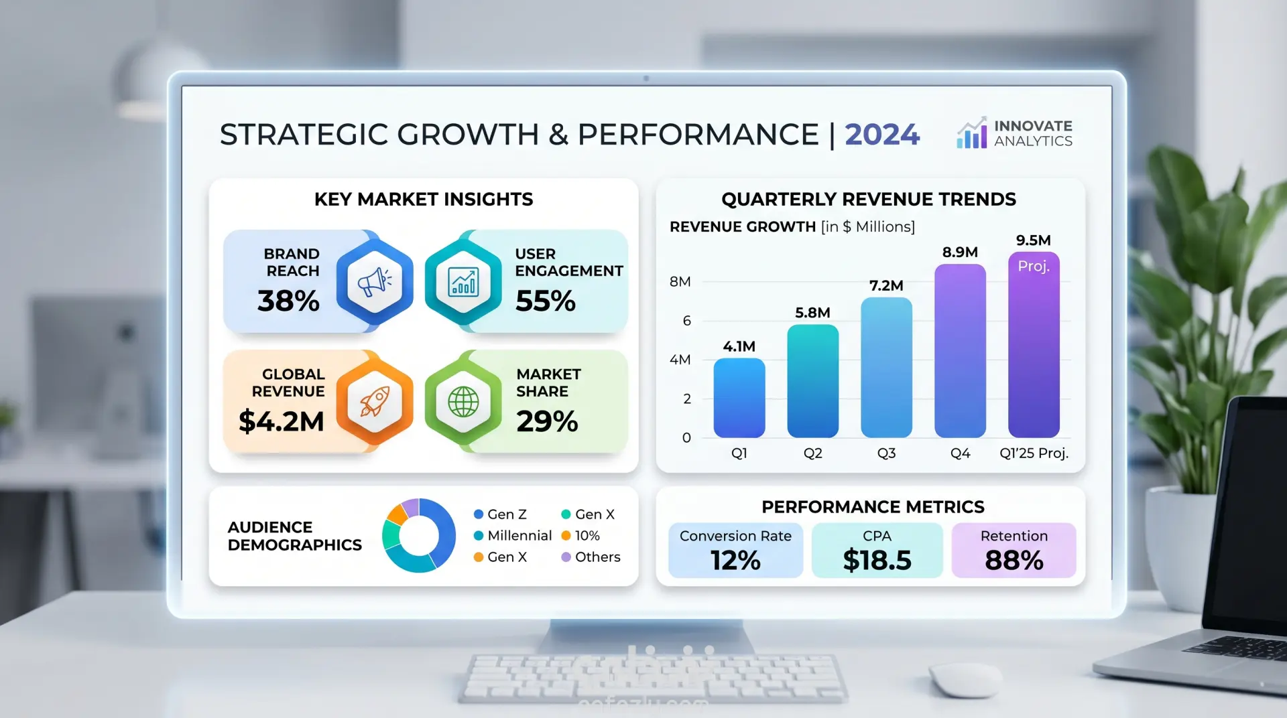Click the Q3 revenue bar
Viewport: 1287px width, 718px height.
point(886,368)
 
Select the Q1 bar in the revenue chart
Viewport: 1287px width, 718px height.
point(739,398)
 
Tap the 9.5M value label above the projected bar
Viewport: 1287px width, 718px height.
point(1033,240)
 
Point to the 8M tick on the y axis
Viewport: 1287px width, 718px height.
point(680,282)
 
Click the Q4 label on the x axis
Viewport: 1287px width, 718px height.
point(960,453)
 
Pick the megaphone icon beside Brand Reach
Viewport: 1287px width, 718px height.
point(375,282)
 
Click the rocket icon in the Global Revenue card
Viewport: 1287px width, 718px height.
point(375,402)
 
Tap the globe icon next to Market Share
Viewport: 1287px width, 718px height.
point(463,402)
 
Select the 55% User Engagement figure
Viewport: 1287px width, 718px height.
point(545,301)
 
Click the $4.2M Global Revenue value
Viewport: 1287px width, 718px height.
point(281,422)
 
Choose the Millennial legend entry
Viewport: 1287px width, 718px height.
point(513,536)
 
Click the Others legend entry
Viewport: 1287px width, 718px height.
point(591,557)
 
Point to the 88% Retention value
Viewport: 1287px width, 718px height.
point(1014,561)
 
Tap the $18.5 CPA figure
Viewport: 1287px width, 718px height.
point(877,561)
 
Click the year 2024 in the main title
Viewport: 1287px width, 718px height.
point(882,135)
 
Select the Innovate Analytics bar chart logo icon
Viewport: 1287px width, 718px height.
point(972,133)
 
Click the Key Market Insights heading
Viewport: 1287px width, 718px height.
point(424,200)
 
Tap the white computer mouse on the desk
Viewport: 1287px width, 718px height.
point(965,680)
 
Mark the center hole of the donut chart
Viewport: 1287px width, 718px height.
point(419,536)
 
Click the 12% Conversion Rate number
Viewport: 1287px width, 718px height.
point(735,561)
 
